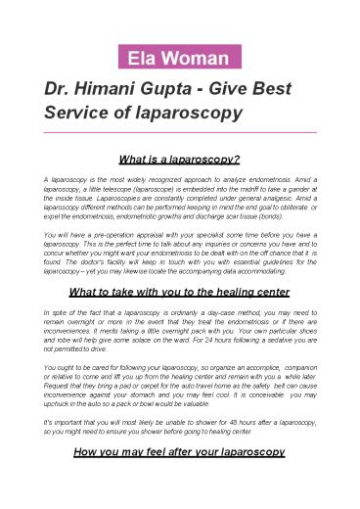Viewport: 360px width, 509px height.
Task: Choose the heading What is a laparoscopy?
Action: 180,157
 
